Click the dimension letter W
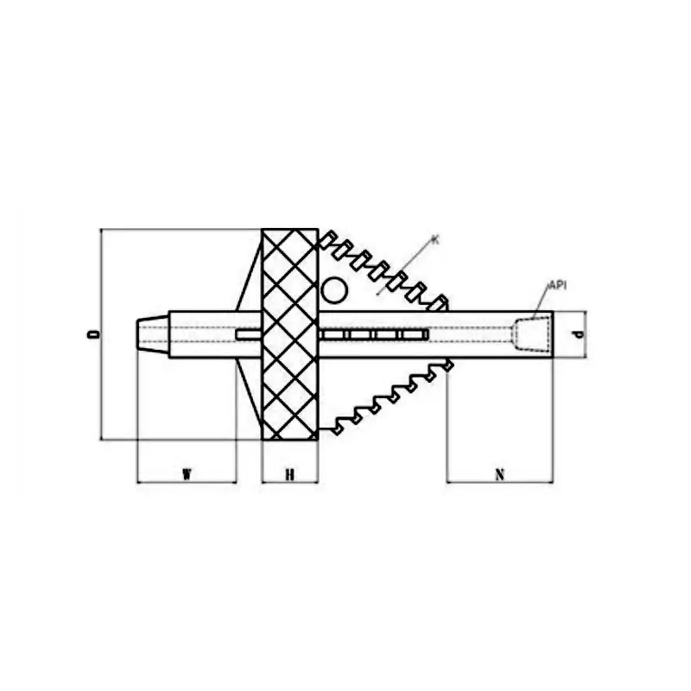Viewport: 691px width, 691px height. (x=187, y=473)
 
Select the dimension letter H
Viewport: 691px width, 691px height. (x=290, y=473)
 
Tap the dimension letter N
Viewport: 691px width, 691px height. (x=500, y=473)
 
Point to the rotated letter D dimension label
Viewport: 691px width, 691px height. (x=94, y=333)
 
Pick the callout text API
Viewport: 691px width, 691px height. (x=557, y=284)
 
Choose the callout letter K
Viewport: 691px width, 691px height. (x=435, y=238)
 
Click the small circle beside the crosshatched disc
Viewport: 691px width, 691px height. (x=333, y=290)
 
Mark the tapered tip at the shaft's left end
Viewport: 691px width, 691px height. (x=152, y=333)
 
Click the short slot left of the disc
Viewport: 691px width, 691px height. (x=248, y=335)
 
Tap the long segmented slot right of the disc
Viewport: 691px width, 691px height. (x=373, y=334)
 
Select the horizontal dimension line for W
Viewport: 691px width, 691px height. (x=187, y=482)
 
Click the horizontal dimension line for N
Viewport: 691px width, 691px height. (x=500, y=482)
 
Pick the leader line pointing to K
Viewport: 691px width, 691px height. (x=406, y=268)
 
